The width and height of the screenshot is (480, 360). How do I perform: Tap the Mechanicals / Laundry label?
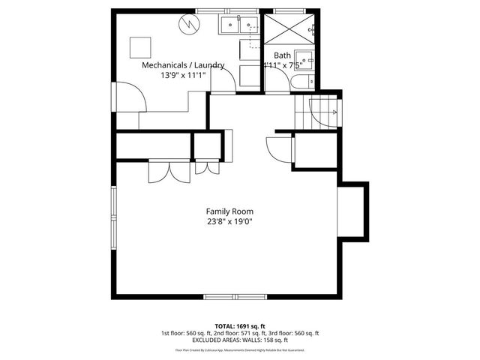183,65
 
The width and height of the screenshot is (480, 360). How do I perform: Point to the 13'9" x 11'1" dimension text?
183,76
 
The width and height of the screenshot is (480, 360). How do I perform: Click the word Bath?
282,55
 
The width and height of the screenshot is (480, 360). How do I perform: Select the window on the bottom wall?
235,296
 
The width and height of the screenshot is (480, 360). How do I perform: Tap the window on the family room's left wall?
114,217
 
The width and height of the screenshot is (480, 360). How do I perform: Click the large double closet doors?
160,172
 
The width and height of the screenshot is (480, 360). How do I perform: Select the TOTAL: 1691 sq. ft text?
240,326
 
